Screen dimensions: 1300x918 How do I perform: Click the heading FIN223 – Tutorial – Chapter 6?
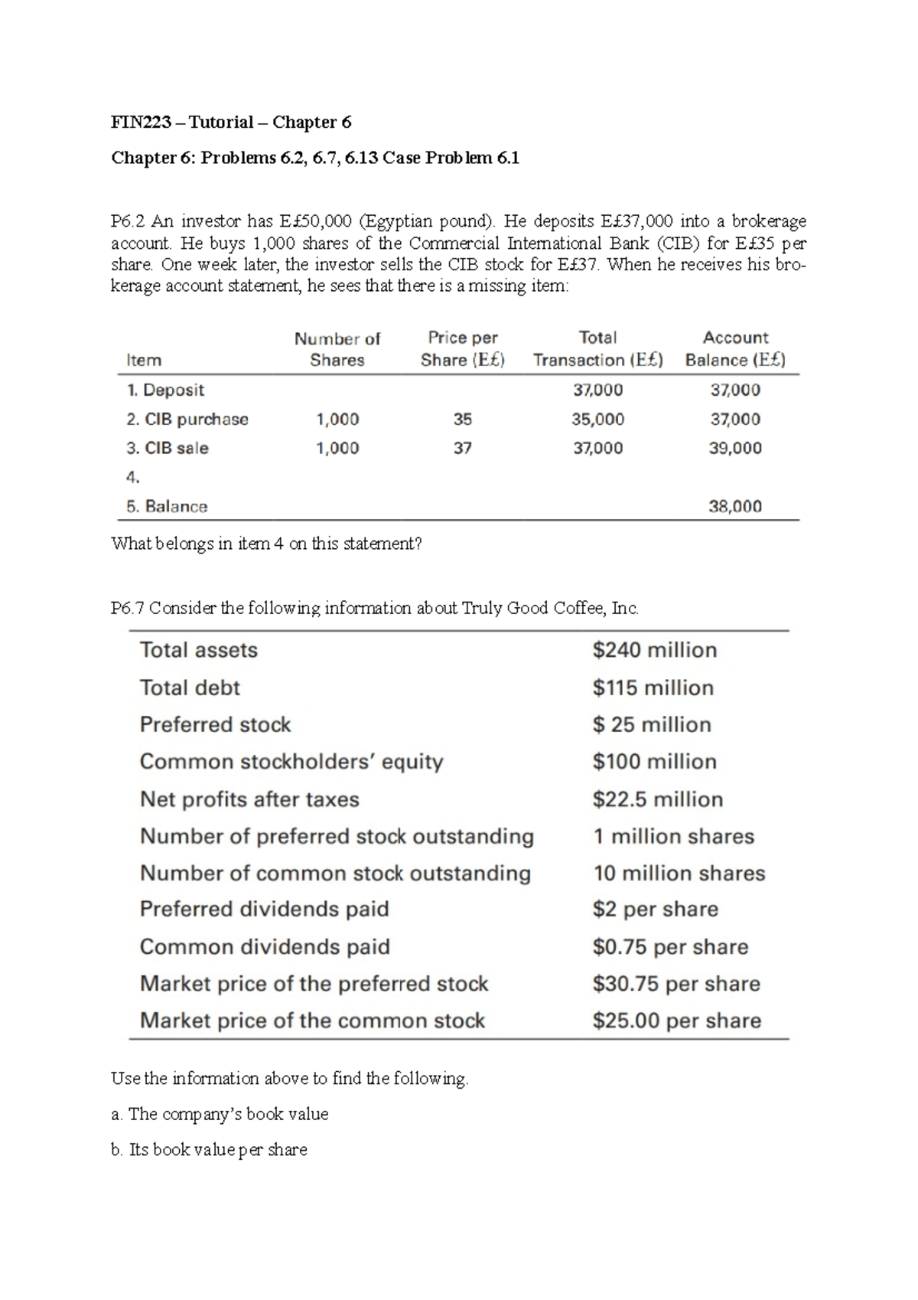click(x=231, y=122)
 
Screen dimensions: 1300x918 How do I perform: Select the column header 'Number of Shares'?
click(x=337, y=349)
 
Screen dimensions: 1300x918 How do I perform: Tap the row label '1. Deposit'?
click(x=165, y=390)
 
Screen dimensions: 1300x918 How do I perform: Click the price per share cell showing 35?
click(x=462, y=420)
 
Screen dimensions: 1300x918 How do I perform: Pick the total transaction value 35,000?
click(x=597, y=420)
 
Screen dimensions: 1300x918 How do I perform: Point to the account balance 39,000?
click(x=735, y=449)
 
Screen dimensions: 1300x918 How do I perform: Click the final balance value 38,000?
click(x=735, y=507)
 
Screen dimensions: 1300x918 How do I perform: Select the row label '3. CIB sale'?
click(x=168, y=449)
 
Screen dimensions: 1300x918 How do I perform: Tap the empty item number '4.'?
click(x=133, y=478)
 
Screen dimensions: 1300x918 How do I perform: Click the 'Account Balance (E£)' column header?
click(x=735, y=349)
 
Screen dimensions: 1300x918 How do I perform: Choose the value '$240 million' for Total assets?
click(x=655, y=651)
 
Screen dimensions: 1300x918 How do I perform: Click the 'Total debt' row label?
click(x=190, y=688)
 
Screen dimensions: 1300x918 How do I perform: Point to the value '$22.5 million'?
click(x=658, y=800)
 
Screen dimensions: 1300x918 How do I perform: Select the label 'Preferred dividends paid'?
click(x=265, y=910)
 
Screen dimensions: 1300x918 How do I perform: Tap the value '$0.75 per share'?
click(x=670, y=947)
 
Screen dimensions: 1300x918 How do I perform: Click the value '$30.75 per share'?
click(x=676, y=984)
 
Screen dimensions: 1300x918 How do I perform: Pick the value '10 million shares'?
click(x=679, y=874)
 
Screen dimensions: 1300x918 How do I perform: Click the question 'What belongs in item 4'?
click(x=266, y=544)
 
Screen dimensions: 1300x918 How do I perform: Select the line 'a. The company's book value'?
click(x=220, y=1115)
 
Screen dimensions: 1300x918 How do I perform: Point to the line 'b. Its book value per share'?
click(x=209, y=1150)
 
